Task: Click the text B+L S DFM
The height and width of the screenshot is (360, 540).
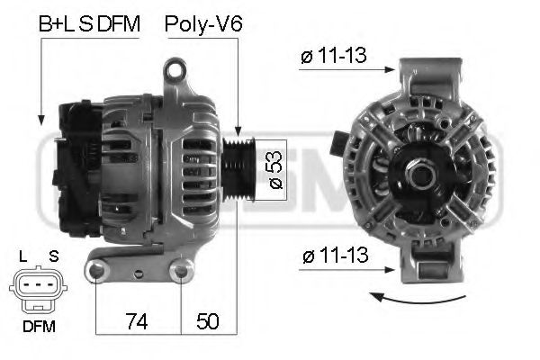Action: pyautogui.click(x=89, y=25)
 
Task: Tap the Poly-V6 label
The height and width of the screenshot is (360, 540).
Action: pyautogui.click(x=203, y=25)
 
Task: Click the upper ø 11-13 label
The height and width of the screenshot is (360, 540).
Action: pyautogui.click(x=333, y=57)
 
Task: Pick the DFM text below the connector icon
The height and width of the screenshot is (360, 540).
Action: pyautogui.click(x=38, y=327)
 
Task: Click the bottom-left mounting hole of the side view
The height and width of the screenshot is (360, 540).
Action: pyautogui.click(x=96, y=269)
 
